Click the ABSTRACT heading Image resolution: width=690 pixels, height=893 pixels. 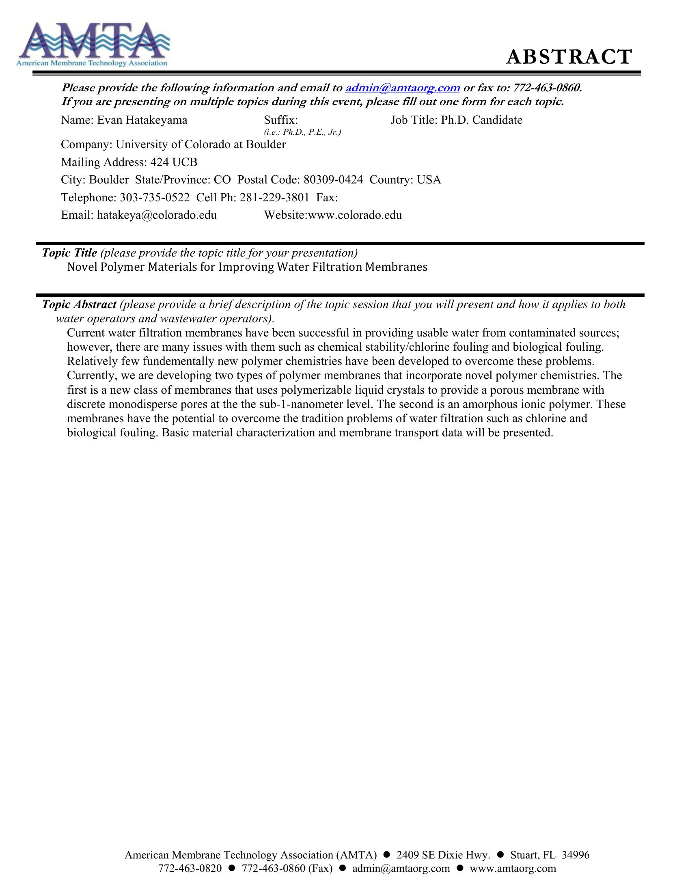[569, 57]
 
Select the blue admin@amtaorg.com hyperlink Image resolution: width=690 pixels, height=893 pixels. [402, 88]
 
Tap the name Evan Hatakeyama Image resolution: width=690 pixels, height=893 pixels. [142, 120]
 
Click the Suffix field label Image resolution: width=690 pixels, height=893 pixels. [280, 120]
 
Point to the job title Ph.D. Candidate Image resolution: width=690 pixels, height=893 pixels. [481, 120]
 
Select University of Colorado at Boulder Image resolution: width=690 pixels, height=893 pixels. [200, 145]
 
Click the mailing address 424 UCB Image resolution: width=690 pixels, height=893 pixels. [174, 162]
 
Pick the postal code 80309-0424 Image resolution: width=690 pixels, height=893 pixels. [333, 180]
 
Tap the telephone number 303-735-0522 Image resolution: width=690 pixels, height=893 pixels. [155, 198]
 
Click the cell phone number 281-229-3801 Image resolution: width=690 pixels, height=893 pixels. [274, 198]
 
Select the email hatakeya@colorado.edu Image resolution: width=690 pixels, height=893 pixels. [157, 215]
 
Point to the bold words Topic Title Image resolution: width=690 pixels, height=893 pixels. [69, 253]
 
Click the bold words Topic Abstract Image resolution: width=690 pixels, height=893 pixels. [79, 304]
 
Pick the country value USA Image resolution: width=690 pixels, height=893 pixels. [429, 180]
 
